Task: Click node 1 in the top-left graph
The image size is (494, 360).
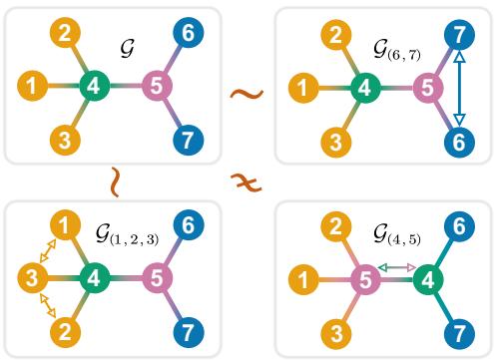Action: pos(33,86)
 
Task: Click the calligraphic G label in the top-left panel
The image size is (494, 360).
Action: pos(127,47)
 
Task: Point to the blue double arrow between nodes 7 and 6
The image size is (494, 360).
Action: pos(459,88)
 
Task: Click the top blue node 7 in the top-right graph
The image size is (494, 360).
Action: pos(459,34)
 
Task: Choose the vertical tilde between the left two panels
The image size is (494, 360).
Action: pos(117,181)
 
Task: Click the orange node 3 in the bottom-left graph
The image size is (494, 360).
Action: pos(33,276)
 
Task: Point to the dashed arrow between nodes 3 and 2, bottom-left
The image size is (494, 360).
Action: pos(44,303)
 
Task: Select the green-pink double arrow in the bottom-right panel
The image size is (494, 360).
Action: pos(397,266)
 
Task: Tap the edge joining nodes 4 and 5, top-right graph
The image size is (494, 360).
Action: pos(396,88)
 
